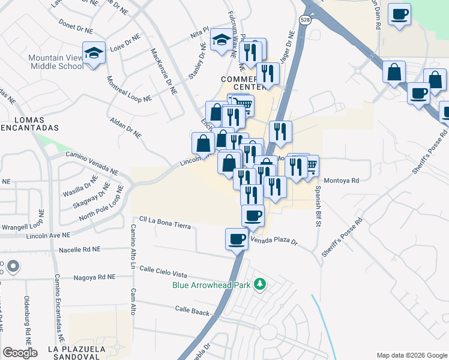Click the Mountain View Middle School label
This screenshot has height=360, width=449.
tap(56, 62)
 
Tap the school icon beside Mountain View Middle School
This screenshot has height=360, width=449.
tap(94, 53)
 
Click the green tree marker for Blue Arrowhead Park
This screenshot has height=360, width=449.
tap(260, 283)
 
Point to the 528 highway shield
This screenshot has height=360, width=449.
tap(306, 20)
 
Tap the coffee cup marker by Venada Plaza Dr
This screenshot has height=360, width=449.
tap(237, 239)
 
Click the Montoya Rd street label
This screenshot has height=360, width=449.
tap(341, 180)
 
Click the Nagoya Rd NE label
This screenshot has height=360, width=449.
tap(94, 277)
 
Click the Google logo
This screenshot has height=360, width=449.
tap(20, 353)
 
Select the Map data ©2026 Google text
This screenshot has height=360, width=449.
tap(412, 355)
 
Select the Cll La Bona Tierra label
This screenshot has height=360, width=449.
tap(164, 226)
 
